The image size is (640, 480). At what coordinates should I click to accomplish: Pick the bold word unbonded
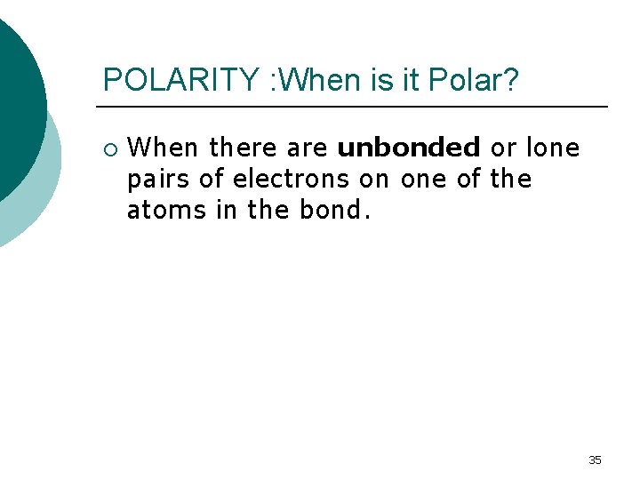click(x=409, y=148)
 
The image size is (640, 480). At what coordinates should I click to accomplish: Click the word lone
click(x=553, y=148)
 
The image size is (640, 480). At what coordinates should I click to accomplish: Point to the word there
click(x=243, y=148)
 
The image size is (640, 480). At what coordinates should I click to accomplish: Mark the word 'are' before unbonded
click(x=308, y=148)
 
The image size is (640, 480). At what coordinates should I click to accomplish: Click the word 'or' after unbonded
click(x=503, y=148)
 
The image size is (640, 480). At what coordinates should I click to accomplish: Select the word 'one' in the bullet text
click(x=421, y=180)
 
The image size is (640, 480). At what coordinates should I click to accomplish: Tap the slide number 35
click(x=595, y=460)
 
